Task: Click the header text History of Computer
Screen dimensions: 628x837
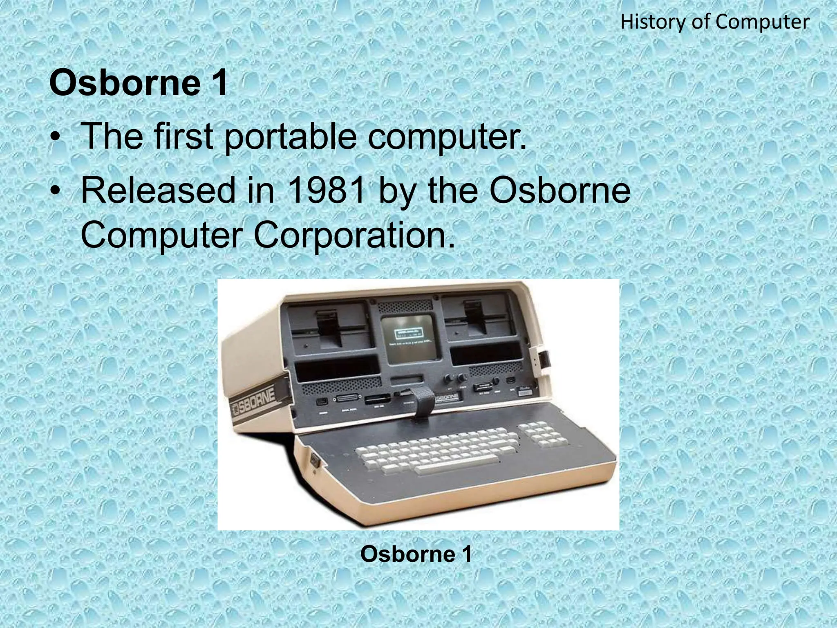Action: coord(714,22)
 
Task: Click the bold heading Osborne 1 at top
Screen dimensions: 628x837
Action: coord(138,83)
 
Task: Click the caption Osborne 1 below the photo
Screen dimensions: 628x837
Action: coord(416,554)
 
